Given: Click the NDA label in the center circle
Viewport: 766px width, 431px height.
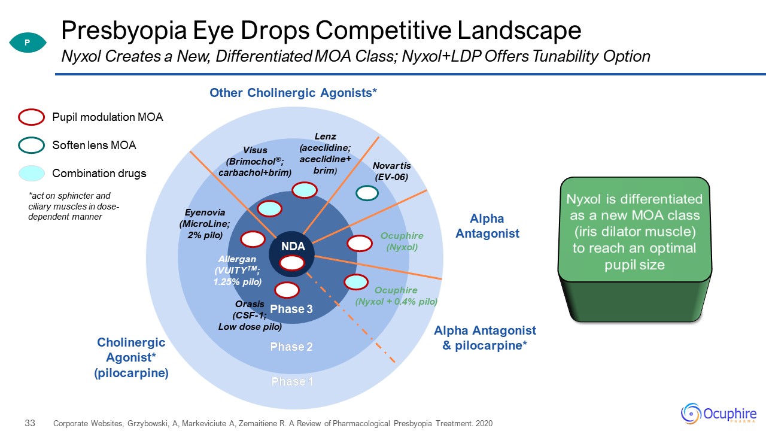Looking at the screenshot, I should click(294, 246).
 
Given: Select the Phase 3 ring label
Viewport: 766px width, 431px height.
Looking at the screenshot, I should click(291, 309).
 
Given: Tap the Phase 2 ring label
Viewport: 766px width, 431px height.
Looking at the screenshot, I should click(291, 347).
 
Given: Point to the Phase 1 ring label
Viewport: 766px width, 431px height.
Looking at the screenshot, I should click(291, 381).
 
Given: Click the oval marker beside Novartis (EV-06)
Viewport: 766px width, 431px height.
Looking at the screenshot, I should click(367, 193).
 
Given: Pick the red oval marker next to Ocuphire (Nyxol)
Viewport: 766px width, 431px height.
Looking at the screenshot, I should click(360, 243).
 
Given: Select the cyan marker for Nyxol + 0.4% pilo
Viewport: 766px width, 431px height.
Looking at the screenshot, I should click(356, 281).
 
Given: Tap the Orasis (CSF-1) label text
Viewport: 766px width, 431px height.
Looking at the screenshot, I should click(250, 315).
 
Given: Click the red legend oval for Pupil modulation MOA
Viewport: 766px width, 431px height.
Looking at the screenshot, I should click(32, 117).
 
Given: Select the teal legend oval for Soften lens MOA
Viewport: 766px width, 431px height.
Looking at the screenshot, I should click(32, 145).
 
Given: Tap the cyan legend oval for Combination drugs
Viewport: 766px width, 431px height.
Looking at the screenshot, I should click(32, 174).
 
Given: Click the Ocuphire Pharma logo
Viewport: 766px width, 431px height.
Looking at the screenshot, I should click(719, 413).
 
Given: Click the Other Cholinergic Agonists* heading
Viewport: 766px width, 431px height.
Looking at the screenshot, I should click(293, 93).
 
